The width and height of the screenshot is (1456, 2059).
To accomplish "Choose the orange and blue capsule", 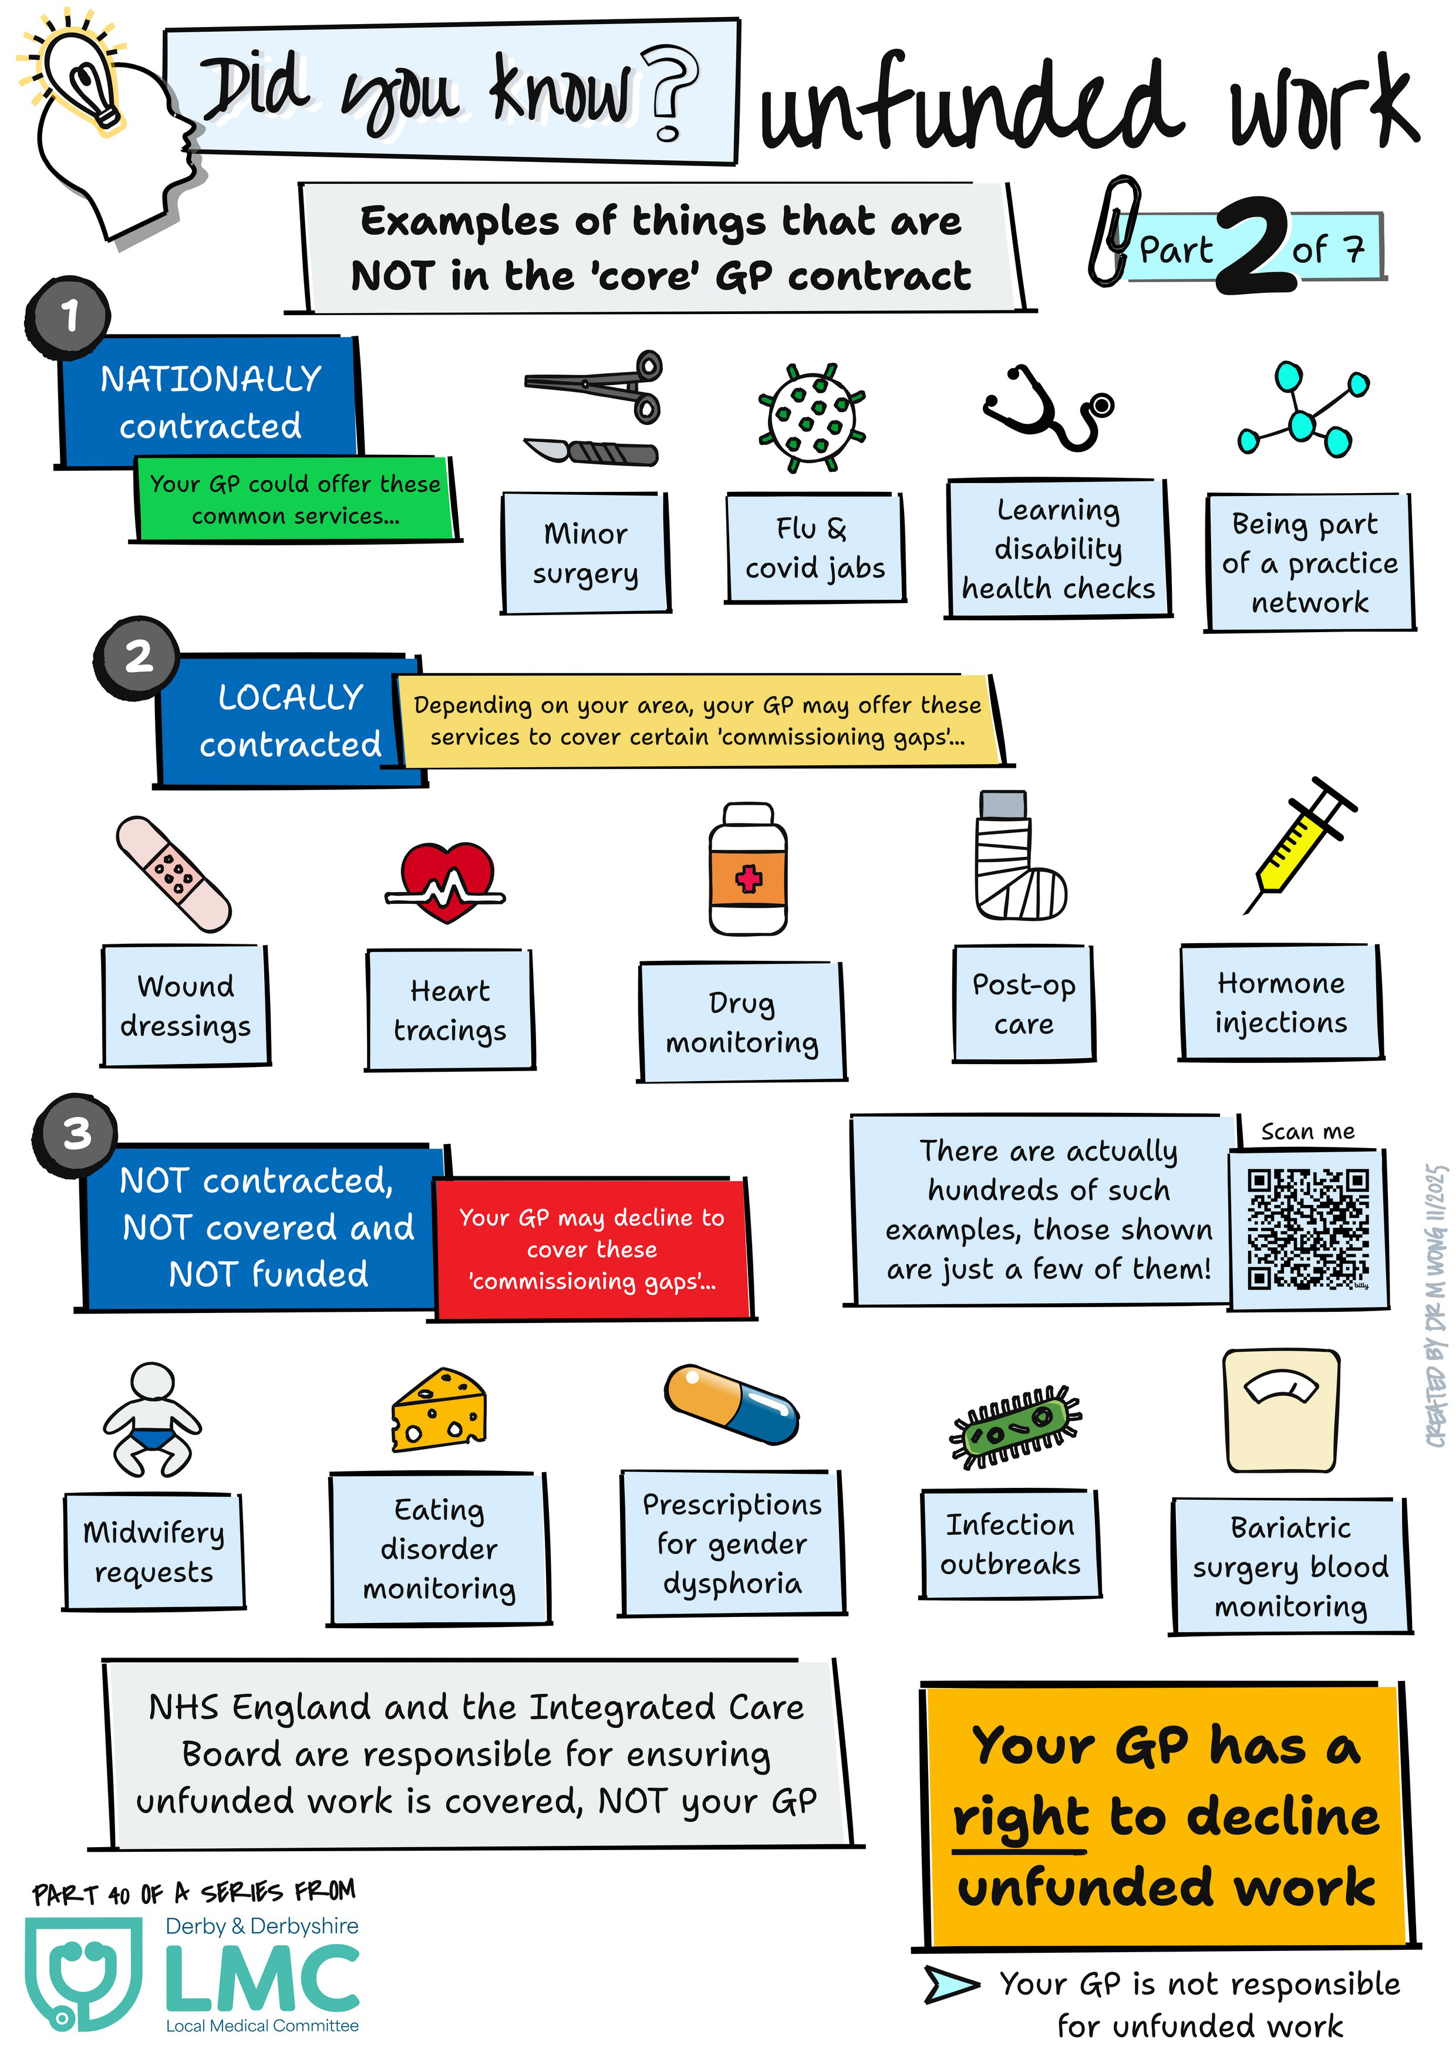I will (x=731, y=1403).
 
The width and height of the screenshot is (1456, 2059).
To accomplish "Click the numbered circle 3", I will (x=76, y=1133).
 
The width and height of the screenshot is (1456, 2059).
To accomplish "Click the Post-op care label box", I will (x=1023, y=1004).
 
